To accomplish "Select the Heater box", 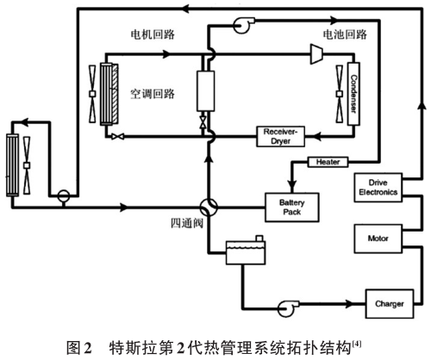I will click(325, 163).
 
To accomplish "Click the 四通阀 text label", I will click(188, 225).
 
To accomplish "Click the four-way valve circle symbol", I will click(208, 208).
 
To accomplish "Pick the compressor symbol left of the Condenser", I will click(315, 53).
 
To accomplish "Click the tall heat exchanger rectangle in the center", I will click(208, 90).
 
